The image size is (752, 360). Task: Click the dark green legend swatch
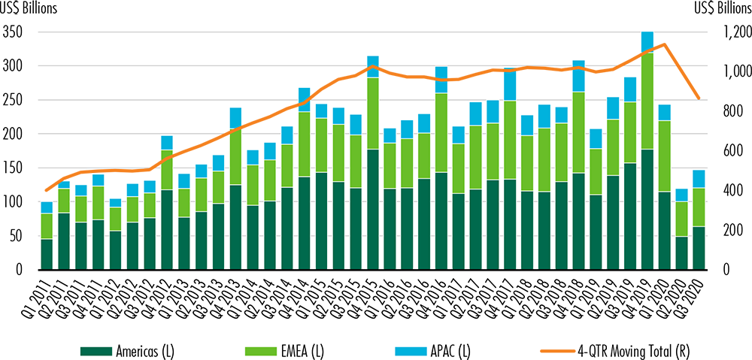[x=96, y=351]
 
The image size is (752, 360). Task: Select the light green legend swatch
[x=262, y=351]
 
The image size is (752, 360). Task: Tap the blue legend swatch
[x=411, y=351]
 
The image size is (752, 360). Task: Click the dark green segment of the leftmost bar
[x=47, y=253]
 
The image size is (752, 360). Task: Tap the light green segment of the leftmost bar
[x=47, y=226]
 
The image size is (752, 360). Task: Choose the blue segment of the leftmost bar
[x=47, y=207]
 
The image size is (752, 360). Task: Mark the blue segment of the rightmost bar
[x=699, y=179]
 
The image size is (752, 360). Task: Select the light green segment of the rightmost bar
[x=699, y=207]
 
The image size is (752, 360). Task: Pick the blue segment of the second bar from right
[x=681, y=195]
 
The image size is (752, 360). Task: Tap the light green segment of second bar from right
[x=681, y=219]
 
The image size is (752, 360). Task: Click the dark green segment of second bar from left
[x=64, y=241]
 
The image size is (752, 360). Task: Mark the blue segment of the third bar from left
[x=81, y=190]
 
